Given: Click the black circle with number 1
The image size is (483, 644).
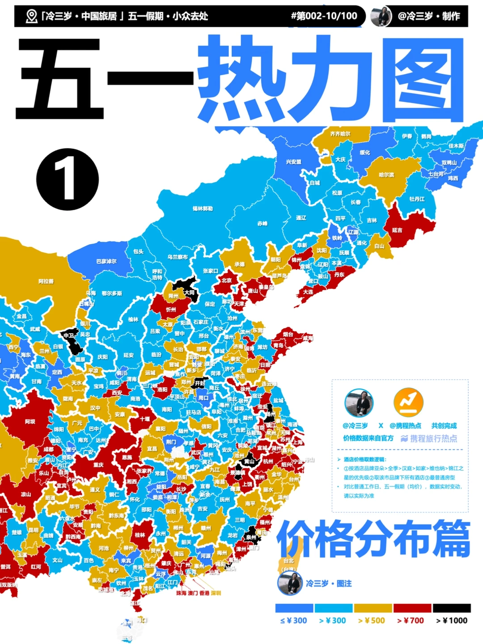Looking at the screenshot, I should point(67,179).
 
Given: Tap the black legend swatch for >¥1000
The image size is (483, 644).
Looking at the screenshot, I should point(452,608).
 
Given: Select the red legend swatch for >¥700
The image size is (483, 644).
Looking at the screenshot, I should point(412,608).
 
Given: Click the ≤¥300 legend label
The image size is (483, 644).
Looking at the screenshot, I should point(294,621).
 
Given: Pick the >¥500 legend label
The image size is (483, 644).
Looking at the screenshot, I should point(372,621).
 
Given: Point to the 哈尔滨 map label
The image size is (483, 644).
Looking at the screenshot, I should point(386,175).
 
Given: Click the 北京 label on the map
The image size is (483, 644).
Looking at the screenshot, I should point(227,280).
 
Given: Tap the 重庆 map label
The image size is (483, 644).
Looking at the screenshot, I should point(98,465).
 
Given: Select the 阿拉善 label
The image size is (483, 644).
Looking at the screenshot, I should point(46,281).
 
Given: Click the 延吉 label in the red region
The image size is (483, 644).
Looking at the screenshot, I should point(397,230).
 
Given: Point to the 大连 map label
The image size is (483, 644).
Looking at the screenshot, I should point(308,292).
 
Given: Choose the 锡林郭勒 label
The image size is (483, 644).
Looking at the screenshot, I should point(203,208).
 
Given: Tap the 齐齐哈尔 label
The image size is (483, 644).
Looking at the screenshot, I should point(340,134).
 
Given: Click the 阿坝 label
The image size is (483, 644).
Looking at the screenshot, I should point(30,422).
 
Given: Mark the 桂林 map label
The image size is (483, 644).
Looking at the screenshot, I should point(140,535).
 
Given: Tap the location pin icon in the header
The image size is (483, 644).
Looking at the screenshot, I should point(31,17).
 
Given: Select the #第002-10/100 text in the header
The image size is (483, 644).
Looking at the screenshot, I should point(324,16).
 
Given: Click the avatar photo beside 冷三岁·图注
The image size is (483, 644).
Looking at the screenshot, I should point(290,583).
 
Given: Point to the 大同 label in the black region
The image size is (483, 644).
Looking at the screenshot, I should point(189,292).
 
